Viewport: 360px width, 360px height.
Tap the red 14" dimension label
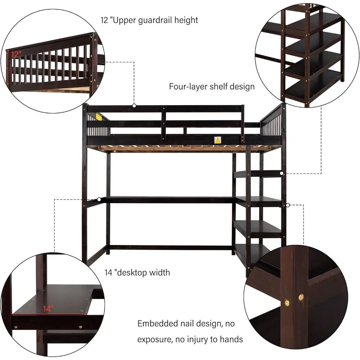tap(48, 309)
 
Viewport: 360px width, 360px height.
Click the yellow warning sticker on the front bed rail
tap(217, 140)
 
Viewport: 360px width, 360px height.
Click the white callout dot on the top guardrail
tap(134, 105)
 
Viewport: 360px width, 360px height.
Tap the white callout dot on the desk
tap(99, 199)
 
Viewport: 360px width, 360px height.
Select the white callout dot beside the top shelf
tap(282, 174)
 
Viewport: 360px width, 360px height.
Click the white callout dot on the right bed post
tap(288, 205)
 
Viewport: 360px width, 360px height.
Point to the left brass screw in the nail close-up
tap(287, 303)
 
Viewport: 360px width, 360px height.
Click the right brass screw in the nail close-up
tap(301, 298)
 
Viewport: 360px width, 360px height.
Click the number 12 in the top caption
tap(104, 20)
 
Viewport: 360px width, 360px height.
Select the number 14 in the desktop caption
tap(109, 273)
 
